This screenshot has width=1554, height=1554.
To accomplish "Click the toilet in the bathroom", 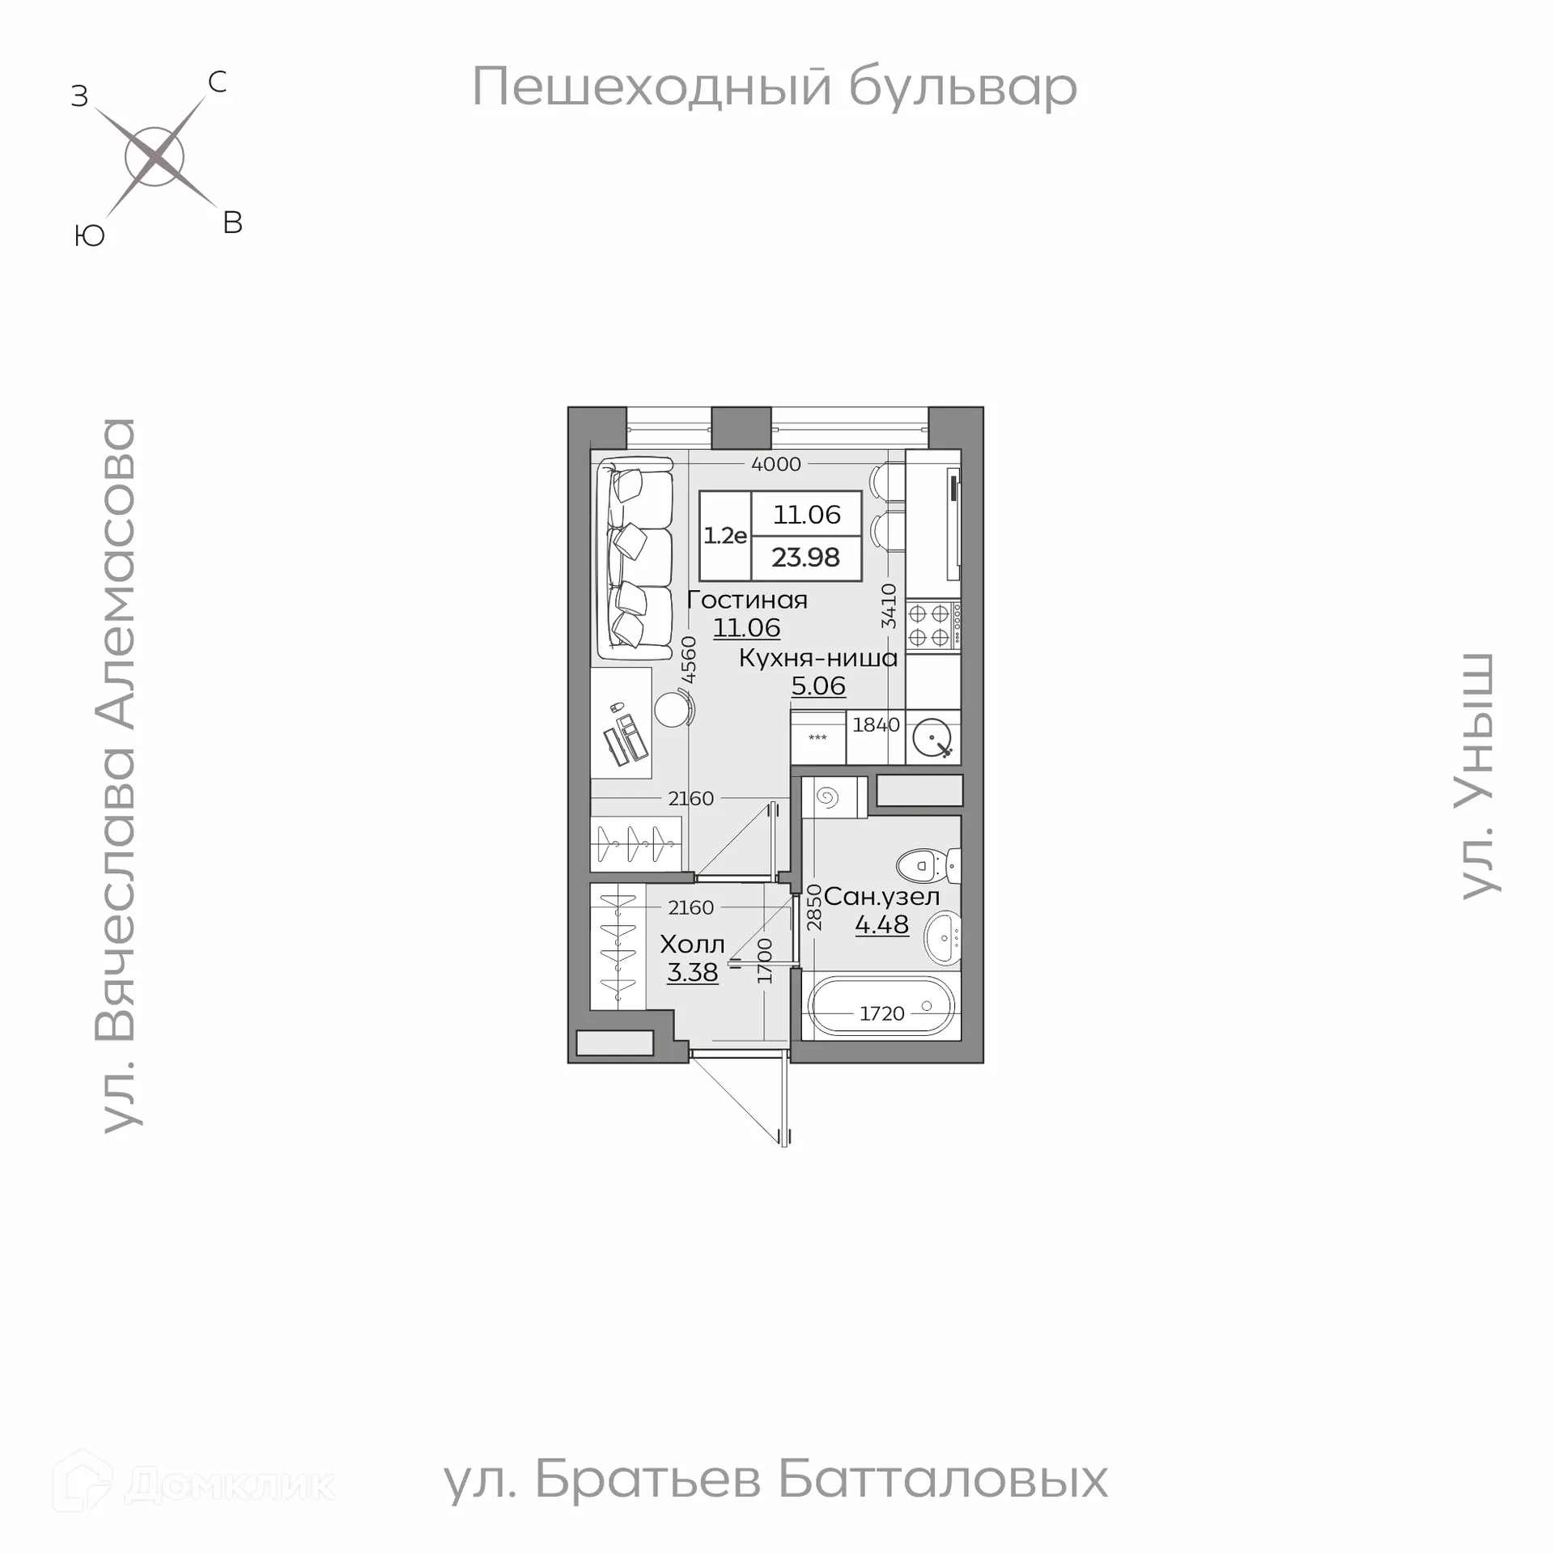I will (929, 865).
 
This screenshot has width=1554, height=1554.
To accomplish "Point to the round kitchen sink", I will (932, 737).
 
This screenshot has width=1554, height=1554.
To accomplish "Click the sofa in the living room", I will (635, 558).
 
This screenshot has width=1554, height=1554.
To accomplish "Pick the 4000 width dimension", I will (775, 465).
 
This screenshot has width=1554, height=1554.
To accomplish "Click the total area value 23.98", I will (805, 558).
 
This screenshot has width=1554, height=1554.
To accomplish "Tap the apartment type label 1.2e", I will (724, 536).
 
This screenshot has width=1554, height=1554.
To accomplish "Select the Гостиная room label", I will (746, 601).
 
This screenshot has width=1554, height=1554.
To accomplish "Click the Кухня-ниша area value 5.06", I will (818, 686).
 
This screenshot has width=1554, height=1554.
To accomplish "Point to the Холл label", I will (692, 945).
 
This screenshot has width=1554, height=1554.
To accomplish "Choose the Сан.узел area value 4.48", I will (881, 924).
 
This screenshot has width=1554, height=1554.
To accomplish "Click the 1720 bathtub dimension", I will (881, 1013).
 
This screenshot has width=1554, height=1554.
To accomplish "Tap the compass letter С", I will (217, 82).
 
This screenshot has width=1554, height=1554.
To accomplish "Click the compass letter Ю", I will (89, 236).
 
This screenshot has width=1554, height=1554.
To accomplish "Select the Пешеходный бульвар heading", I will (775, 87).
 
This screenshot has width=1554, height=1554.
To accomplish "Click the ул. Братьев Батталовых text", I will (775, 1502).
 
